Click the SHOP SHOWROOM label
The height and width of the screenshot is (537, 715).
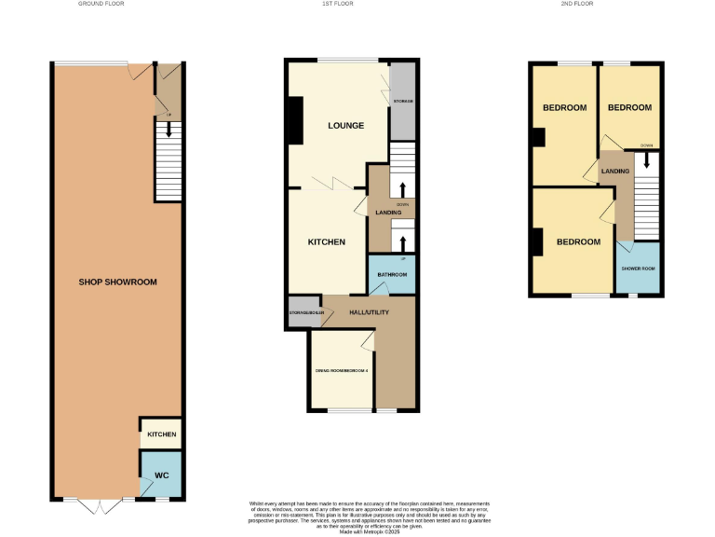click(x=117, y=282)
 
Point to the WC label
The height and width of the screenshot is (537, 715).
click(x=161, y=475)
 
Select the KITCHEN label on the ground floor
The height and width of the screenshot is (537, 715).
click(x=161, y=434)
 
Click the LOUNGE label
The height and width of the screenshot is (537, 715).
click(x=345, y=125)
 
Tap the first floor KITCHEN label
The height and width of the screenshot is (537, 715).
click(x=327, y=242)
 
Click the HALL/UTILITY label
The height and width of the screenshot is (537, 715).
click(x=369, y=312)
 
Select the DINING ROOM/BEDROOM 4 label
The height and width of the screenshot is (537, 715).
click(x=341, y=371)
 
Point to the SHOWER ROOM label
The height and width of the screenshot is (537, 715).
click(x=639, y=268)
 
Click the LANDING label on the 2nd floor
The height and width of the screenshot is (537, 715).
click(x=615, y=172)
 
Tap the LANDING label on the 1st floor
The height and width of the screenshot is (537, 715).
click(x=388, y=213)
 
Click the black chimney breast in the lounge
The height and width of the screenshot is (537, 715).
click(x=295, y=121)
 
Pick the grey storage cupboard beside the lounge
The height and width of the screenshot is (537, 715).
click(x=402, y=101)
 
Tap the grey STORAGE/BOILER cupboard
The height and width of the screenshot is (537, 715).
click(x=298, y=313)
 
